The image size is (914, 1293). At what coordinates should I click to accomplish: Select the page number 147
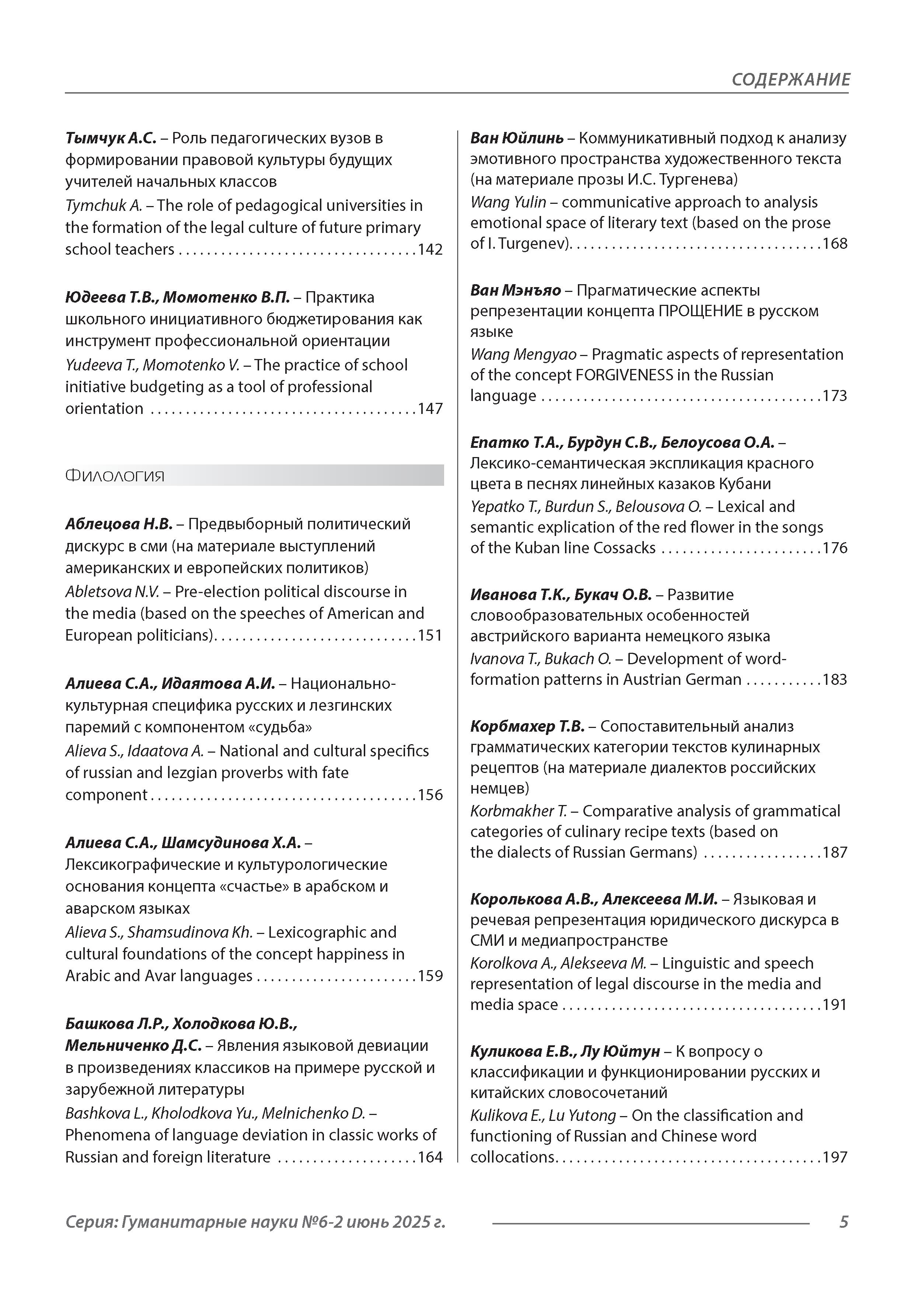(430, 409)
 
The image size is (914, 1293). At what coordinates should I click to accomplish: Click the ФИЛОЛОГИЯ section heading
(115, 477)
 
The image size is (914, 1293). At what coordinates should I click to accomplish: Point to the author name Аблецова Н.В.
(119, 524)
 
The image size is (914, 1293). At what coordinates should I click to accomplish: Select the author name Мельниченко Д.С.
(133, 1046)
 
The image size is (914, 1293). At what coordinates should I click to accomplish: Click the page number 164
(430, 1157)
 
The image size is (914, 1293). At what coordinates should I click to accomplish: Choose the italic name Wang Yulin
(508, 202)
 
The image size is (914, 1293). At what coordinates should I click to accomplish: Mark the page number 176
(835, 548)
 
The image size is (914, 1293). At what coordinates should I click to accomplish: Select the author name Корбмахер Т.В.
(527, 726)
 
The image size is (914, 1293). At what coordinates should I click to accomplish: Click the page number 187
(835, 853)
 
